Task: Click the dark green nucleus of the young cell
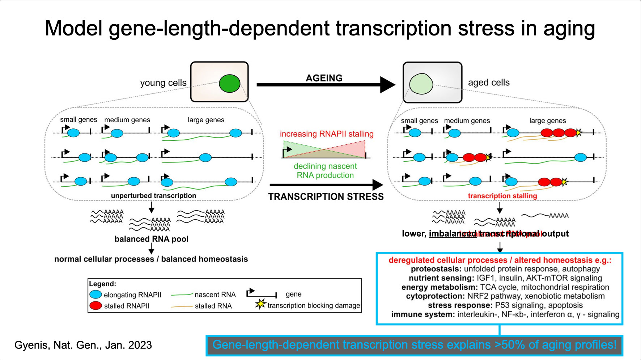tap(229, 83)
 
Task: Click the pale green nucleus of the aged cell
tap(421, 84)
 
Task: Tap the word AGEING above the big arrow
tap(324, 78)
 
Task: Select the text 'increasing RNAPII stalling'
tap(327, 134)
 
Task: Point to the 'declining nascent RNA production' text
tap(325, 171)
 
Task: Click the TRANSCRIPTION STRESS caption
tap(326, 196)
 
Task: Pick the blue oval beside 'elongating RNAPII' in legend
tap(95, 295)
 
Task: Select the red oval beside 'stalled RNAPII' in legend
tap(95, 306)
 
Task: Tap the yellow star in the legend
tap(260, 304)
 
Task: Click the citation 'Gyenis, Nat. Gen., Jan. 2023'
tap(83, 345)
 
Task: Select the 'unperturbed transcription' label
tap(153, 196)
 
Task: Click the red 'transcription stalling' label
tap(502, 196)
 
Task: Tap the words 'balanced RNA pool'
tap(151, 239)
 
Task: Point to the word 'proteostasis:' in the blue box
tap(436, 269)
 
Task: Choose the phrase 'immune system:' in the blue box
tap(423, 314)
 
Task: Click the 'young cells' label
tap(163, 83)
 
